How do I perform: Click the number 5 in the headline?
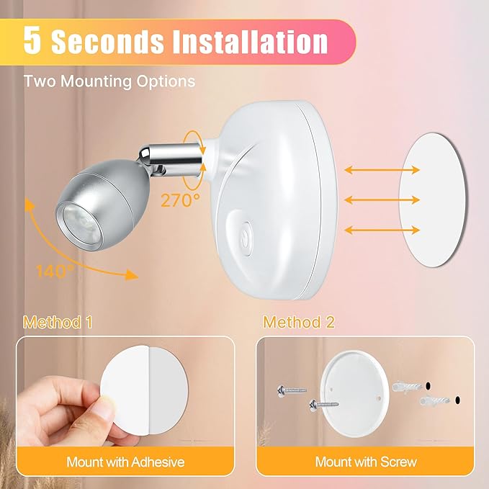[x=32, y=40]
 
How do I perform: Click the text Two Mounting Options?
[x=109, y=81]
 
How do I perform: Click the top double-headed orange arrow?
[x=382, y=171]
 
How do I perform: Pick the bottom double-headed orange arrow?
[x=382, y=230]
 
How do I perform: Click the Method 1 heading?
[x=58, y=322]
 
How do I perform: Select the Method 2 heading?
[x=299, y=322]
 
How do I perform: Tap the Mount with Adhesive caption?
[x=125, y=461]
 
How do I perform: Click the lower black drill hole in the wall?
[x=456, y=400]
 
